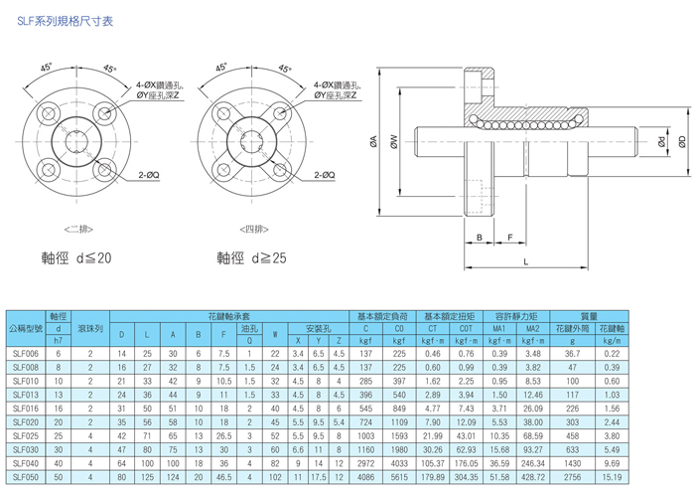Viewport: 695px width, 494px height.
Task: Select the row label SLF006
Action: click(26, 353)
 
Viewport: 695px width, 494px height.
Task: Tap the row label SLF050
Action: click(26, 477)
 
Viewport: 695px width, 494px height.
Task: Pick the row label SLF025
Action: click(26, 435)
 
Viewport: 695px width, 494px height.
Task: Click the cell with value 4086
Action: click(365, 477)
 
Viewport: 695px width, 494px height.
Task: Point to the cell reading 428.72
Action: click(533, 477)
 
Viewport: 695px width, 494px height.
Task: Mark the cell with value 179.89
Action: click(433, 477)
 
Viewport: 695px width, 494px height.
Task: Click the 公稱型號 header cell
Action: click(26, 326)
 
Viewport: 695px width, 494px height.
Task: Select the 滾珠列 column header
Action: click(89, 326)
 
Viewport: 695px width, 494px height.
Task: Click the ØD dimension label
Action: click(682, 141)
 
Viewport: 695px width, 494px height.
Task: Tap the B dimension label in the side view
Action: click(480, 238)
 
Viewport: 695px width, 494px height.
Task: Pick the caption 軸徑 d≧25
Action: click(252, 258)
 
